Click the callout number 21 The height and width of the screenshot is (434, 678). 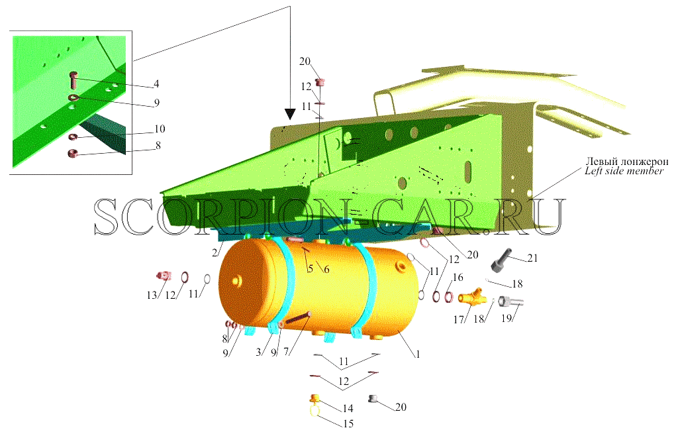coord(532,258)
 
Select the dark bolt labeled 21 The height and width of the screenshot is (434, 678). coord(502,258)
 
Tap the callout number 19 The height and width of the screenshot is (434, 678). coord(507,319)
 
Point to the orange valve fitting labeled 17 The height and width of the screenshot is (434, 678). coord(472,297)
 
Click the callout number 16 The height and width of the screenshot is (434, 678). coord(458,278)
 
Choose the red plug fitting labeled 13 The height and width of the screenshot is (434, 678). coord(164,275)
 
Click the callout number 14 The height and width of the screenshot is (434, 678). coord(348,408)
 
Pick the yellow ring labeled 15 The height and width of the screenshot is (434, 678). coord(315,409)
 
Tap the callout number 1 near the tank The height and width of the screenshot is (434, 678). coord(418,354)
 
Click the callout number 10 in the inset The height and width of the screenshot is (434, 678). coord(160,129)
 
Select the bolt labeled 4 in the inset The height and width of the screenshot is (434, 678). coord(73,80)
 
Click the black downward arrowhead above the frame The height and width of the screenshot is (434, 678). coord(290,114)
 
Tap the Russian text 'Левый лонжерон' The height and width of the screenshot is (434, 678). coord(627,162)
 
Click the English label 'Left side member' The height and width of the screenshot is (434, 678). coord(624,171)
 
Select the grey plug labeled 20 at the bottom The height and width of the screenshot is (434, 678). coord(373,399)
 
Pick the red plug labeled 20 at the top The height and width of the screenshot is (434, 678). coord(320,82)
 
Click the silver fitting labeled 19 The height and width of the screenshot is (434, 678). coord(510,301)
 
